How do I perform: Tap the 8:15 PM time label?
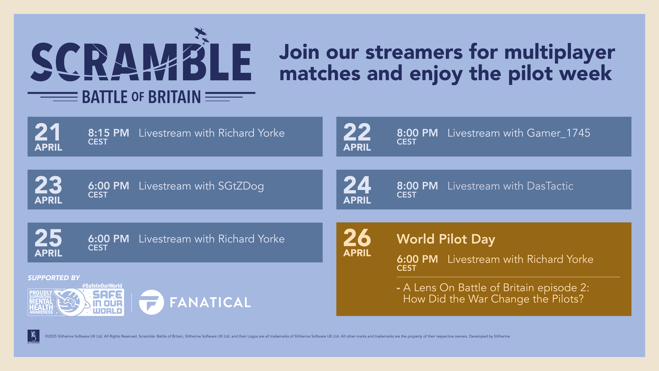[x=108, y=133]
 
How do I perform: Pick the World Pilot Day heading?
[x=446, y=239]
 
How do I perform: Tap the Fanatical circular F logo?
[x=151, y=302]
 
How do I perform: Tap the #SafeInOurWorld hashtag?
[x=102, y=286]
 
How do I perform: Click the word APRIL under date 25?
[x=48, y=253]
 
